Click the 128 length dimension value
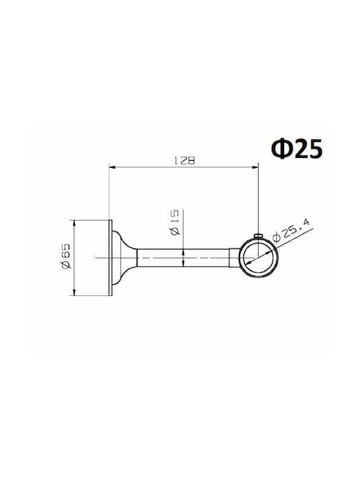[x=184, y=160]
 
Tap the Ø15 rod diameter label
[x=175, y=223]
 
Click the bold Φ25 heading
[x=297, y=149]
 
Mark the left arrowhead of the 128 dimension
[x=113, y=167]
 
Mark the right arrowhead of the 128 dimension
[x=255, y=167]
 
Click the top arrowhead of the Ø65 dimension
[x=74, y=223]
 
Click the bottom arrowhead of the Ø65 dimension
[x=74, y=293]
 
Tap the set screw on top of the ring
[x=258, y=235]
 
